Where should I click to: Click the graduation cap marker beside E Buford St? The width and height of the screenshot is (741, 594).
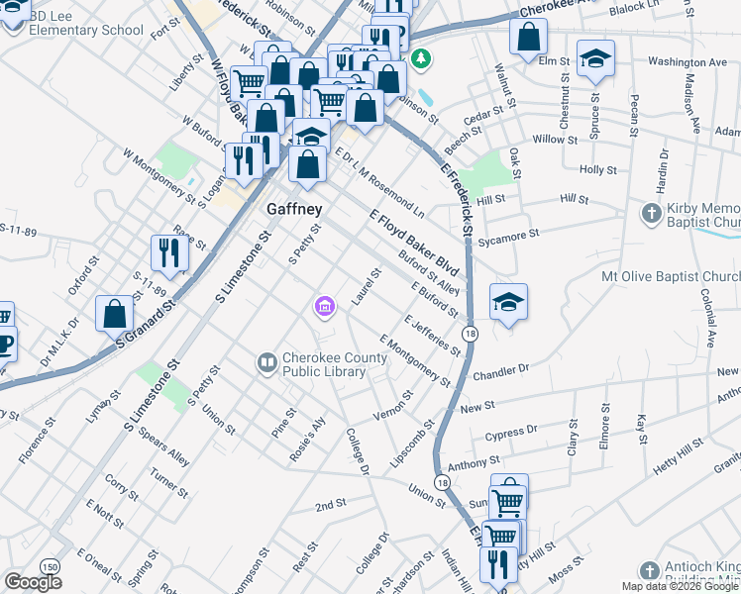(x=508, y=303)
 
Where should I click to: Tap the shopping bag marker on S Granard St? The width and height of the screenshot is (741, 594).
(x=115, y=314)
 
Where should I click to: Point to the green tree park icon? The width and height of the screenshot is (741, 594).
(x=422, y=59)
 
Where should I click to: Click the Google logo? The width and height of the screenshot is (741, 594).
(x=33, y=582)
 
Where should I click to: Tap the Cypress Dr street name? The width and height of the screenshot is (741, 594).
(x=511, y=433)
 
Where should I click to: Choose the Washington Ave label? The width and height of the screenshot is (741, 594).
(x=688, y=61)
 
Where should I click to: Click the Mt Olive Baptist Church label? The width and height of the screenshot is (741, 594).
(x=671, y=276)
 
